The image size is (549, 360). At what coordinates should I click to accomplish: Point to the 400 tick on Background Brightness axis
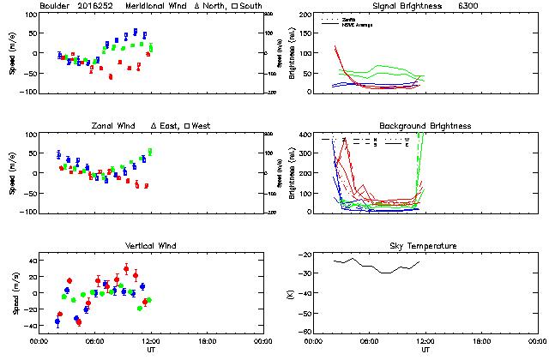coord(305,135)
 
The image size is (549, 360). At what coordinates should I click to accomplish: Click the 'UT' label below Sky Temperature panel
coord(426,350)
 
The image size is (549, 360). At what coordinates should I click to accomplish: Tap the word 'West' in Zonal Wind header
coord(201,126)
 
